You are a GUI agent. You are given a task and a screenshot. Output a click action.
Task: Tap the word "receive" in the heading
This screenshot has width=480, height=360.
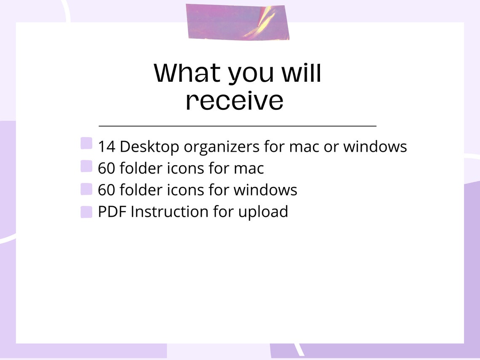click(x=235, y=101)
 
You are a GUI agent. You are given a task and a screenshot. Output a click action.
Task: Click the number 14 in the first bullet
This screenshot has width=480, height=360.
click(x=107, y=147)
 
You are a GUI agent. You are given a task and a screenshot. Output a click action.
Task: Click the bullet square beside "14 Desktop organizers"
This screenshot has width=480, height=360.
click(x=86, y=143)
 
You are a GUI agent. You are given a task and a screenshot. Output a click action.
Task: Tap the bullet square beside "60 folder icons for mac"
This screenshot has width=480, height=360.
click(x=86, y=166)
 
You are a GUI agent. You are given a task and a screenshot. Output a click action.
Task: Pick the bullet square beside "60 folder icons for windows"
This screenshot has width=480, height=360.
click(x=86, y=189)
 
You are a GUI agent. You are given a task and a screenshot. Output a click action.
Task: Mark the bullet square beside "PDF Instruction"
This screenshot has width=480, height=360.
click(x=86, y=212)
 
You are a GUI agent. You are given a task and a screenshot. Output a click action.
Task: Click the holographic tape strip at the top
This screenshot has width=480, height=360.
click(x=238, y=22)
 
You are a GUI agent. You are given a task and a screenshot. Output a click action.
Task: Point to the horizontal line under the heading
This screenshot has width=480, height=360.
click(x=237, y=125)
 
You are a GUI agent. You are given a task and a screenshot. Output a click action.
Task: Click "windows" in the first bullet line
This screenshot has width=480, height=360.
click(x=375, y=147)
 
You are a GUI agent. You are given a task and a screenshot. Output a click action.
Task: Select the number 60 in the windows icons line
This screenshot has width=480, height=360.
click(x=107, y=190)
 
